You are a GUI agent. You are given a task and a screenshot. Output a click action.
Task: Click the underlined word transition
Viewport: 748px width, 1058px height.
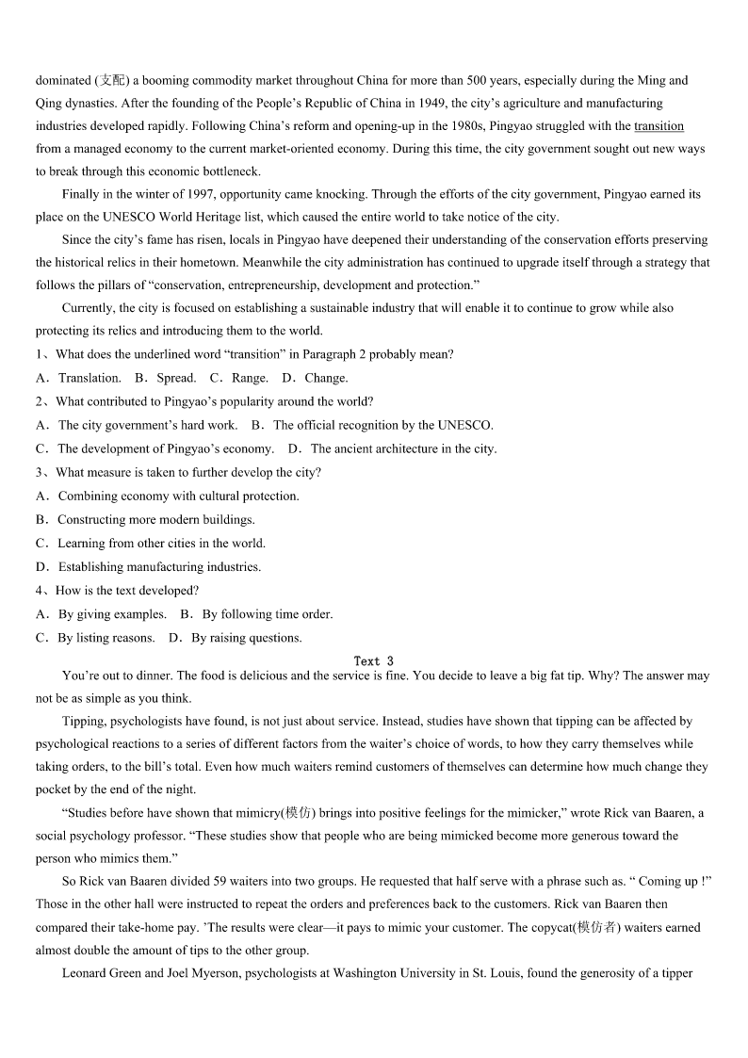point(659,126)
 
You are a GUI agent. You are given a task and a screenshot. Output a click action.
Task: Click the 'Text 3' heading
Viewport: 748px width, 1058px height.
point(374,661)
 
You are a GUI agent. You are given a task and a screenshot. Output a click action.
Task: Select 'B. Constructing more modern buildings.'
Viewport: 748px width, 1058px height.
point(145,520)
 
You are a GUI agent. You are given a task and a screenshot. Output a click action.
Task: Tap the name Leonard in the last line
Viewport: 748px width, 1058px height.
point(85,973)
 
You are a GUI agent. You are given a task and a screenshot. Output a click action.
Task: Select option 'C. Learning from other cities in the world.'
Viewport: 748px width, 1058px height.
point(151,544)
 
